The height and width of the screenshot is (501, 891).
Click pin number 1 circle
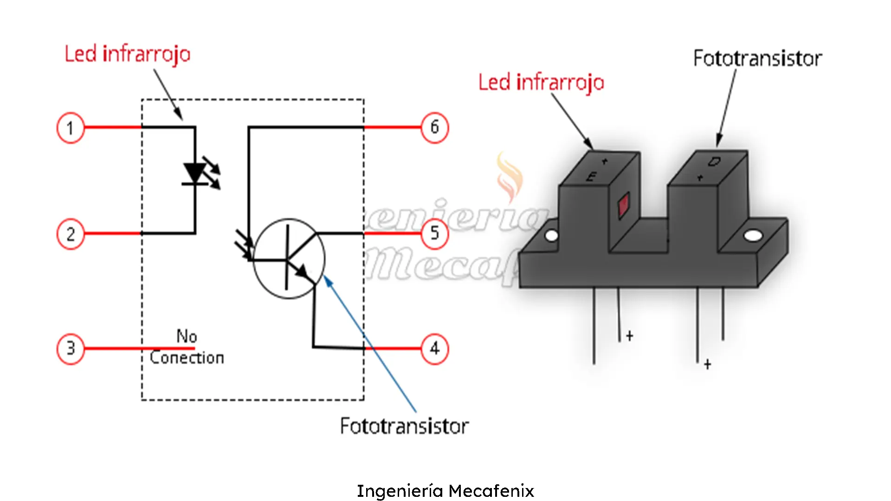coord(71,128)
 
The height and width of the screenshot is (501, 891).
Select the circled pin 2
coord(71,234)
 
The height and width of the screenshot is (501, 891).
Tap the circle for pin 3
coord(71,348)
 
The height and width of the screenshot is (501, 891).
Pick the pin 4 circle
coord(434,348)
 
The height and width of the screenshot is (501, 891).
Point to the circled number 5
coord(434,233)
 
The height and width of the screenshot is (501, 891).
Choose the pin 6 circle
coord(434,127)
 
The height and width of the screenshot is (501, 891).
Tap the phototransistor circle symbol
coord(289,258)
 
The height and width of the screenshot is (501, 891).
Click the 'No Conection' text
coord(187,347)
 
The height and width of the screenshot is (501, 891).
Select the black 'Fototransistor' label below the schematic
coord(404,426)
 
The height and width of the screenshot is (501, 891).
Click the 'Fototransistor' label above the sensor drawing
coord(757,59)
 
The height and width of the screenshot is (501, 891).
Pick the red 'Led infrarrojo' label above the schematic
coord(127,54)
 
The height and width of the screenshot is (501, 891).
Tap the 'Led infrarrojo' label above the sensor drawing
coord(541,83)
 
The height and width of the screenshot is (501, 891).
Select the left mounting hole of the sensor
coord(551,236)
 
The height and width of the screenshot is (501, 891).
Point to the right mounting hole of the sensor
coord(753,236)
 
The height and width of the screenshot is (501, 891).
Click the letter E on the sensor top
coord(591,177)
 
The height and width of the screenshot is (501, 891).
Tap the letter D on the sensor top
coord(714,162)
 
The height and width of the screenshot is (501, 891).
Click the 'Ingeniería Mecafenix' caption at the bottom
coord(445,491)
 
